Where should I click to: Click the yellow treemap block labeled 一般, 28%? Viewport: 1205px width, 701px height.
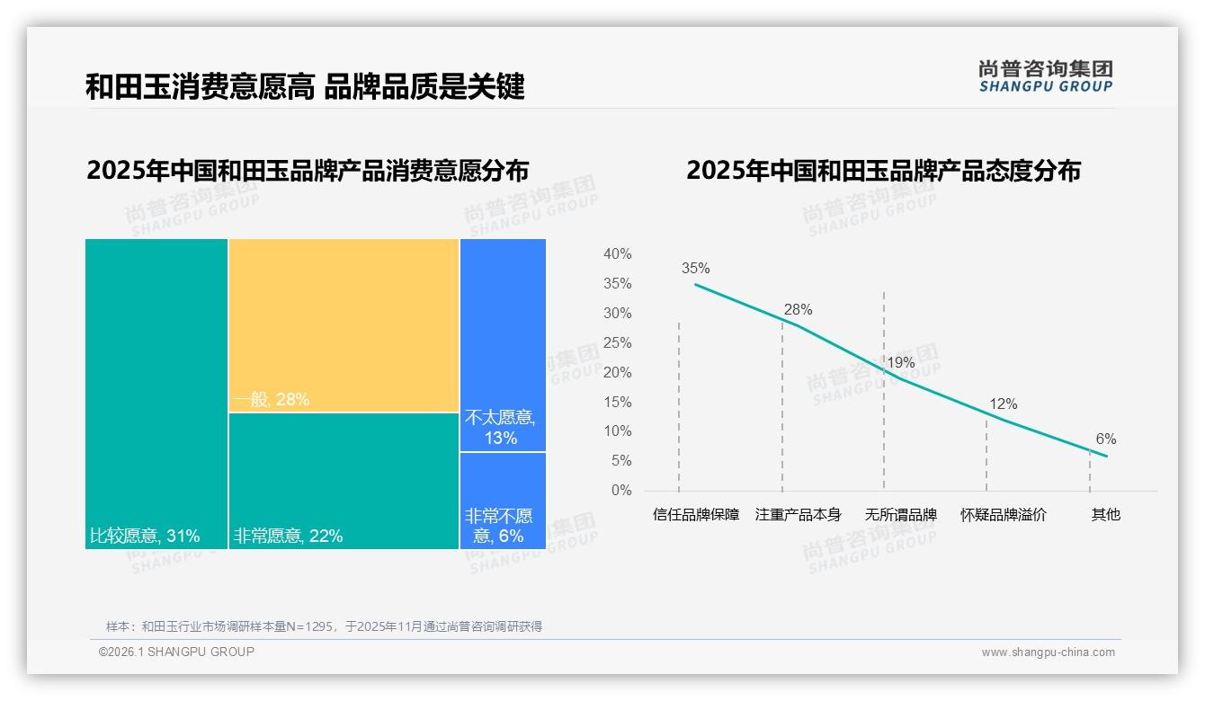coord(344,325)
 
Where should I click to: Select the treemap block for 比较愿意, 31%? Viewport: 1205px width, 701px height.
coord(156,394)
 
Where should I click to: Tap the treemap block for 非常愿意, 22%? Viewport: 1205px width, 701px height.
coord(344,480)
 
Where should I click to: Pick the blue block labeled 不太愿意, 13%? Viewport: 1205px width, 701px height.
coord(503,345)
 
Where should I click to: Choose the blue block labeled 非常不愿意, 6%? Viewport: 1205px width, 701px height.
coord(503,500)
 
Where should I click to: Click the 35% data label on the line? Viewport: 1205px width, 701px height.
coord(695,268)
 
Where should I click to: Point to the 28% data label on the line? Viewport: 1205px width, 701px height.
coord(797,309)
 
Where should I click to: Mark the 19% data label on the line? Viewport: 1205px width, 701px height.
coord(900,363)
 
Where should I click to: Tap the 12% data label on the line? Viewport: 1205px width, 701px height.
coord(1003,404)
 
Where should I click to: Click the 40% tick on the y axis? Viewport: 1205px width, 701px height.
coord(617,254)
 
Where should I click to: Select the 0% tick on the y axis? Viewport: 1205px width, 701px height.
coord(620,491)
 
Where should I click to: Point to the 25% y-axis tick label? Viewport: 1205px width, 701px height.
coord(617,343)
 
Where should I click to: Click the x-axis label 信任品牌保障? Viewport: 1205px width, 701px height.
coord(696,515)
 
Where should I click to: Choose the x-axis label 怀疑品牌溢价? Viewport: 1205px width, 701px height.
coord(1003,515)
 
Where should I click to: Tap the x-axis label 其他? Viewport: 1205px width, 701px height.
coord(1105,515)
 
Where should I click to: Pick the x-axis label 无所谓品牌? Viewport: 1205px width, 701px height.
coord(900,515)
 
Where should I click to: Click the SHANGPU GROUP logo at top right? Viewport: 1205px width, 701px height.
coord(1045,75)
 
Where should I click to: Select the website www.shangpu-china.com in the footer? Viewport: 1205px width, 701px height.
coord(1048,652)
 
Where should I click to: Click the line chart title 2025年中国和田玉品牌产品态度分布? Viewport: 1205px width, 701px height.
coord(883,171)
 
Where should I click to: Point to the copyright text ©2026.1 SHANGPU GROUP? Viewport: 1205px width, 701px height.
coord(176,652)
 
